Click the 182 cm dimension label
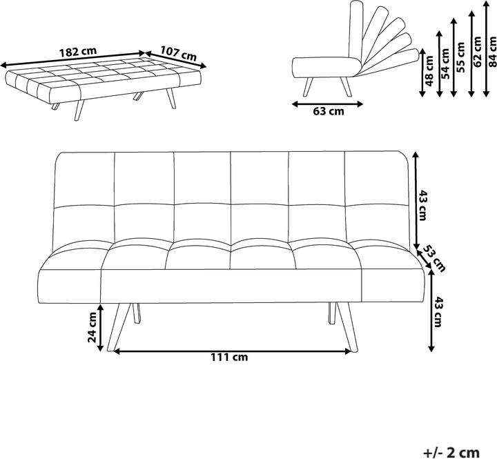[77, 51]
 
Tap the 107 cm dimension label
[178, 54]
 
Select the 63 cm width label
[329, 111]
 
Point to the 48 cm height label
[429, 70]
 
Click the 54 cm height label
[445, 64]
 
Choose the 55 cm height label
[460, 57]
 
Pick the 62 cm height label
[477, 51]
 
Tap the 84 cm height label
[492, 52]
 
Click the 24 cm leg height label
[92, 327]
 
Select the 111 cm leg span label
[229, 358]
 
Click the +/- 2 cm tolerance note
[451, 452]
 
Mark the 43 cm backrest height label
[423, 205]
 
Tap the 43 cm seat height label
[438, 311]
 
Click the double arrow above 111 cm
[233, 351]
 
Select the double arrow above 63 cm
[327, 104]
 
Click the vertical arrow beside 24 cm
[100, 327]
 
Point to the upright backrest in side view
[355, 31]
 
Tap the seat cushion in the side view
[326, 67]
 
